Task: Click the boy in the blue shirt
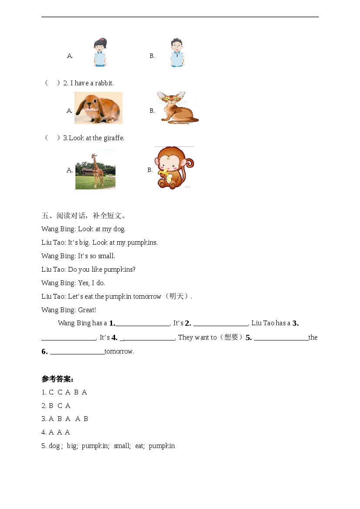point(177,53)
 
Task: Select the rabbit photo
point(98,108)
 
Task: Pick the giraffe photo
point(95,169)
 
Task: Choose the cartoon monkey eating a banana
point(174,168)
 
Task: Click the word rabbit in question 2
point(104,83)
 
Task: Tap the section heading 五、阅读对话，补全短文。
point(84,216)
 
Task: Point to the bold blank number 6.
point(44,351)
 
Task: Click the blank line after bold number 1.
point(143,324)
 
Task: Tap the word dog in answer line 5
point(54,446)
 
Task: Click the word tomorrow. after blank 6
point(119,351)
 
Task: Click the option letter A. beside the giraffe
point(70,170)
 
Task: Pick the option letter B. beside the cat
point(152,111)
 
